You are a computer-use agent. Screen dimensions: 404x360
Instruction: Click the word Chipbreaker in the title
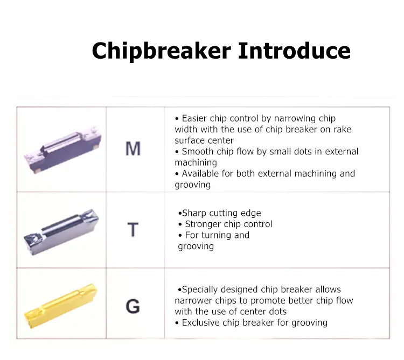point(161,51)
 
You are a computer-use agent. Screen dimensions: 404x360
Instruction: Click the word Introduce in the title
point(294,51)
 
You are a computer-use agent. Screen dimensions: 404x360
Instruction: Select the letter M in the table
point(133,149)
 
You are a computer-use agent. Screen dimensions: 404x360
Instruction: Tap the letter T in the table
point(133,230)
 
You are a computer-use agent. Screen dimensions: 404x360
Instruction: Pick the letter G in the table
point(133,306)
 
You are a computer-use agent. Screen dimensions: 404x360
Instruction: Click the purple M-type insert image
point(62,150)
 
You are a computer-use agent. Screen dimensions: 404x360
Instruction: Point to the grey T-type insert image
point(61,232)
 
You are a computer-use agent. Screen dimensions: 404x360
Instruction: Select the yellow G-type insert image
point(61,306)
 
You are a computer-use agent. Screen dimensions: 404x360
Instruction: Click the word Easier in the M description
point(194,118)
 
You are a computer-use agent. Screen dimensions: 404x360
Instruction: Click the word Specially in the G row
point(200,290)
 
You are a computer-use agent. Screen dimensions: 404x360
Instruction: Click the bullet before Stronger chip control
point(180,224)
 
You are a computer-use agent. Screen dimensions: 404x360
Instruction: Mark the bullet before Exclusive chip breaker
point(177,323)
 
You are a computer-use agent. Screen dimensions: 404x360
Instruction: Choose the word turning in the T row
point(216,236)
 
